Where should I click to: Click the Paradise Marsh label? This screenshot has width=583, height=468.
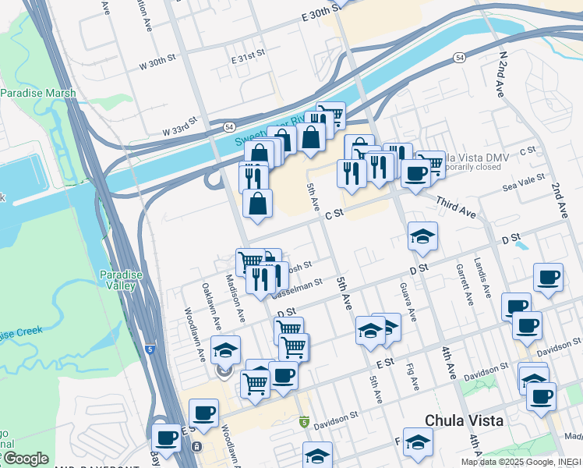tap(38, 94)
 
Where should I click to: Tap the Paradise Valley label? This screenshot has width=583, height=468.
tap(118, 280)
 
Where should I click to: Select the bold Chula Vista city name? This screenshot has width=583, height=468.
tap(464, 420)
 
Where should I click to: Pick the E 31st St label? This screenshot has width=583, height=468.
tap(249, 59)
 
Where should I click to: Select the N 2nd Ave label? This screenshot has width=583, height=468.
tap(503, 75)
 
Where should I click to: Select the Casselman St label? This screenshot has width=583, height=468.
tap(296, 287)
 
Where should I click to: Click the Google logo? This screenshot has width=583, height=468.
tap(25, 459)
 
